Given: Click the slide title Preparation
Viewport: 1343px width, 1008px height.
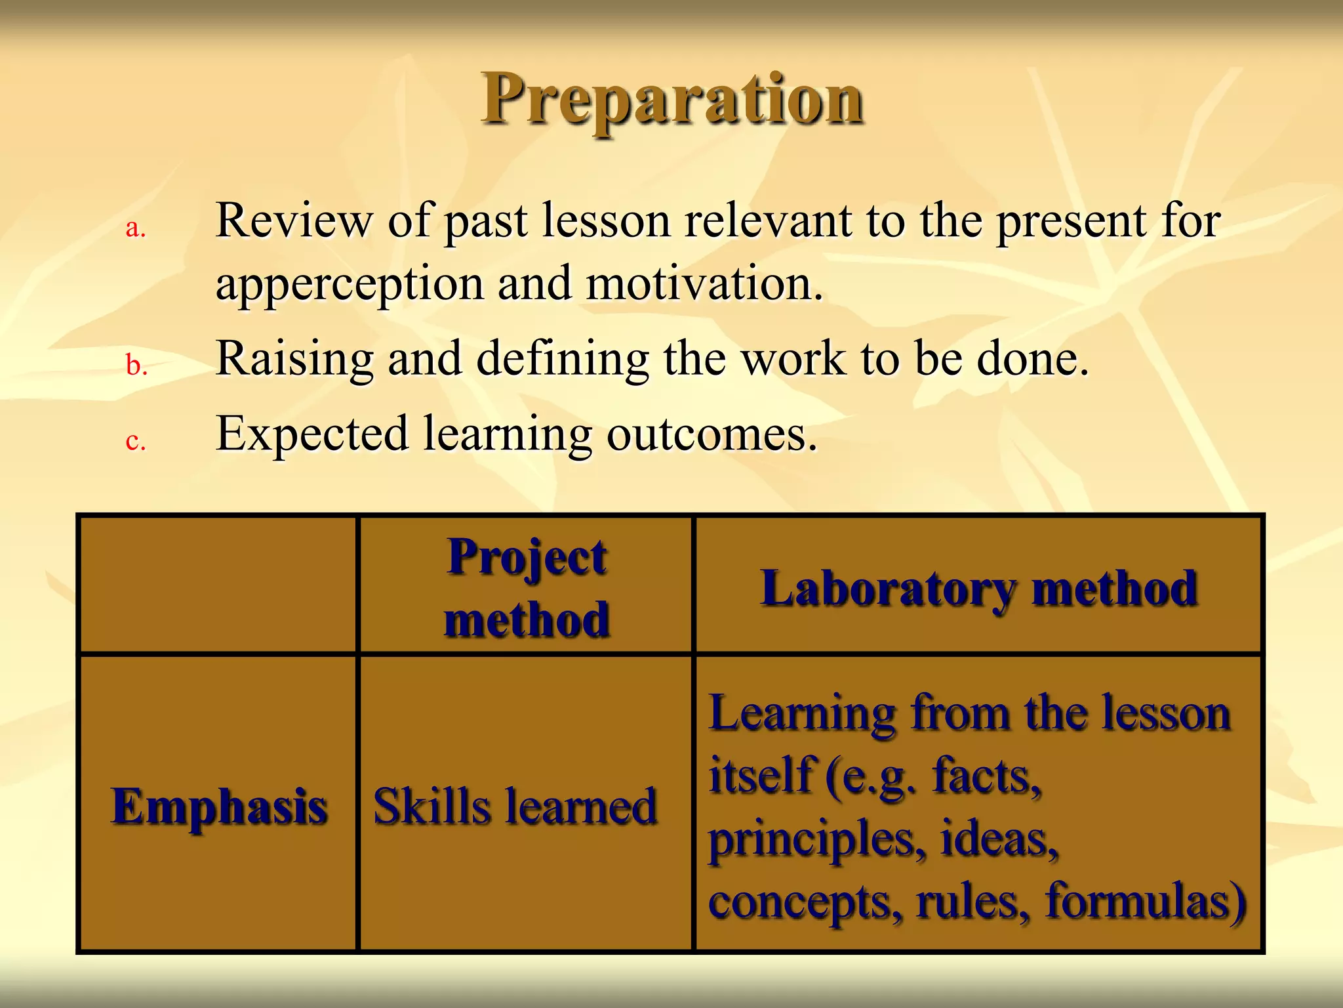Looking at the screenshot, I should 673,100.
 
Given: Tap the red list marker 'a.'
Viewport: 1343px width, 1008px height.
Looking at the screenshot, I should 135,228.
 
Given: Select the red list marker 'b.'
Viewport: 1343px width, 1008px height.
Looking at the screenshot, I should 136,366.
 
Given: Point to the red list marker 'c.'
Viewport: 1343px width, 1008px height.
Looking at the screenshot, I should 135,440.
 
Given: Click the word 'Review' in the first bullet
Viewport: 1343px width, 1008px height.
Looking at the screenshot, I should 294,220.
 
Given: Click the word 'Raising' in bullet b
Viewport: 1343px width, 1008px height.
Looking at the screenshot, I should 294,360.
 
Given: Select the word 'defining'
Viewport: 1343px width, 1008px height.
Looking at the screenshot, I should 563,360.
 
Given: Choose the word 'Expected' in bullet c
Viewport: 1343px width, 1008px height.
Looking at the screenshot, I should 312,434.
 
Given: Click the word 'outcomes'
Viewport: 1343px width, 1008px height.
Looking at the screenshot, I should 712,434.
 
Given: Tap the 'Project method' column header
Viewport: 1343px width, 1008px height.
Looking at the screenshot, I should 527,587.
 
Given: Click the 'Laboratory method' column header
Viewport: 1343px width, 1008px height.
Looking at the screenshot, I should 978,588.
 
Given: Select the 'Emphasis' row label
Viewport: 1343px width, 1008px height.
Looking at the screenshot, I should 219,806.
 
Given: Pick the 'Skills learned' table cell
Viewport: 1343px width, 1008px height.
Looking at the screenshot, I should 515,806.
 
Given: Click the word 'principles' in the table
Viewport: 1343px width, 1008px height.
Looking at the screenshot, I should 817,839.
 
